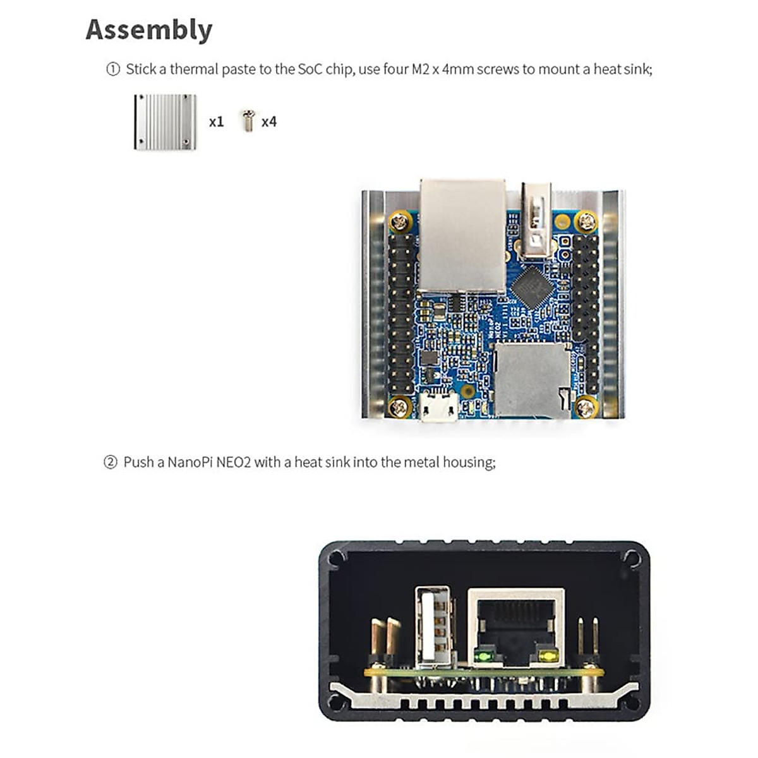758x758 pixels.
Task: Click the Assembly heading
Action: coord(149,30)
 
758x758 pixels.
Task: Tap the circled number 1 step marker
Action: coord(112,69)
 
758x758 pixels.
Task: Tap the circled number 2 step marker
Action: coord(110,462)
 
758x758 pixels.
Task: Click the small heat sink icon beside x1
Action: coord(165,122)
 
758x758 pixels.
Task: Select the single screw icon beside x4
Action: coord(248,121)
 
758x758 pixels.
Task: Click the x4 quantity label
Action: coord(269,121)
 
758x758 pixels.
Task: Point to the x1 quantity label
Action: coord(216,121)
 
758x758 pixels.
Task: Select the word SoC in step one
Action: coord(310,69)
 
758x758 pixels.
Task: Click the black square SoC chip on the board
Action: coord(532,287)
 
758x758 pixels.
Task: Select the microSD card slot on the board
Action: coord(532,379)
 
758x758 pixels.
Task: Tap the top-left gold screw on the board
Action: coord(399,221)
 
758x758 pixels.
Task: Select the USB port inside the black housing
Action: coord(433,625)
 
